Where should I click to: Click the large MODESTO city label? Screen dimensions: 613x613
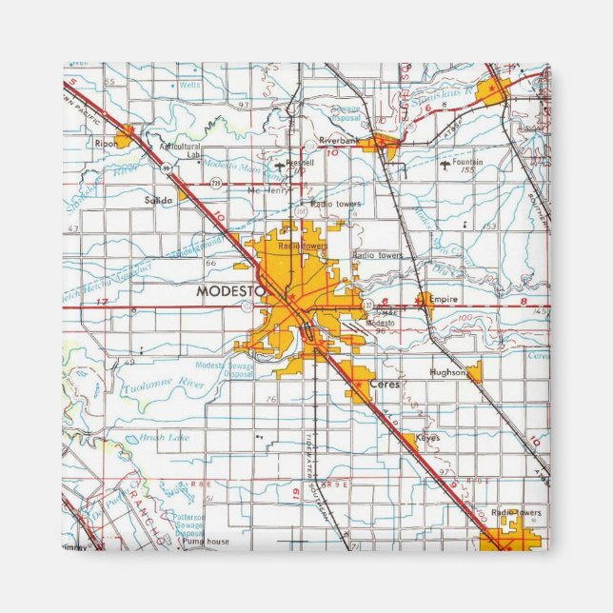point(228,292)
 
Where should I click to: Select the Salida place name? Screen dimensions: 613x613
point(157,201)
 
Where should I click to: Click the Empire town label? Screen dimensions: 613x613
point(444,299)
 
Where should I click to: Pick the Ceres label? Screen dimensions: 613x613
point(386,384)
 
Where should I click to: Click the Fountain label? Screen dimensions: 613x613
point(468,162)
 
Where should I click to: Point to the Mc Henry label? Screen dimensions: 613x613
point(267,189)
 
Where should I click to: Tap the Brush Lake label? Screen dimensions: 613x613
point(164,437)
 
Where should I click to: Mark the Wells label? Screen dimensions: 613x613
point(189,86)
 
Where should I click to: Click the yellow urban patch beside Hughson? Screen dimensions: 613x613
point(474,372)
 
